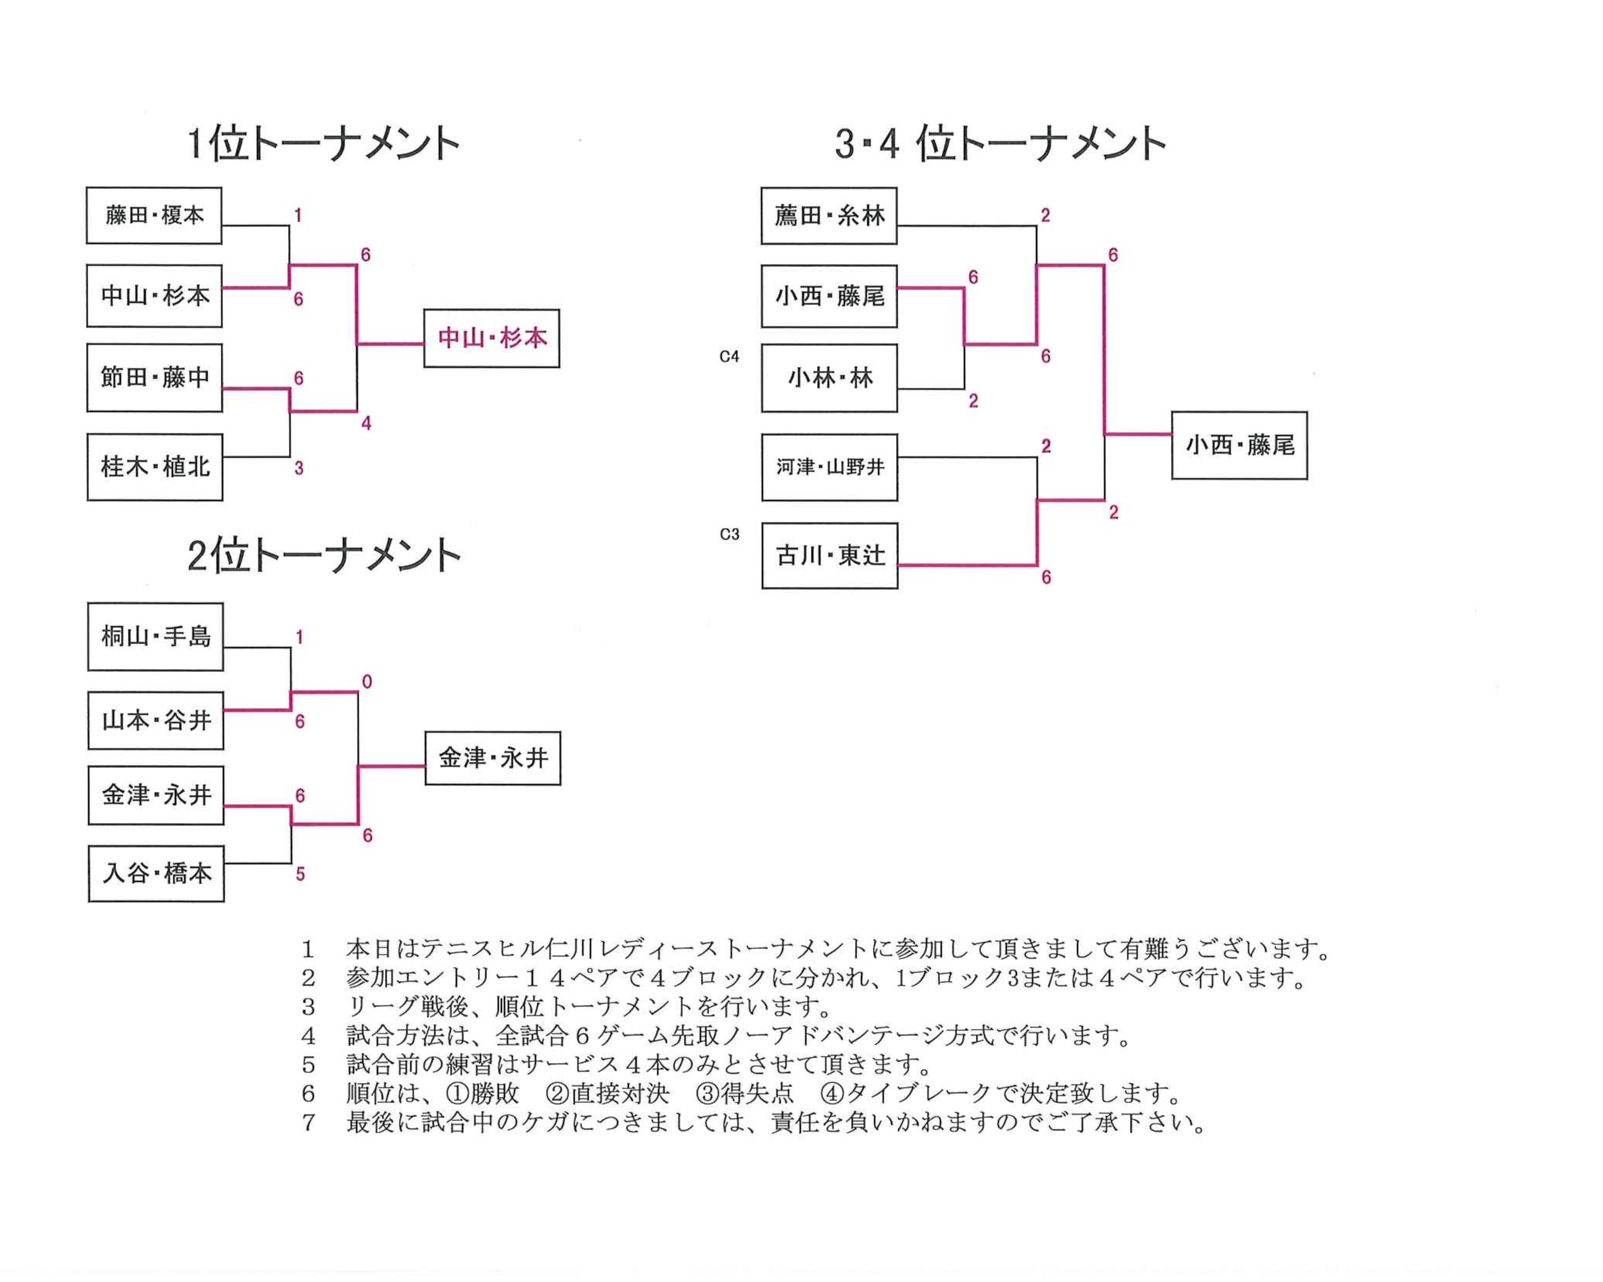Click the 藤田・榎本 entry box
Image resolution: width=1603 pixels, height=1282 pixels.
154,215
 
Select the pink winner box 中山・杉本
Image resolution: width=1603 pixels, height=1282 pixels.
492,338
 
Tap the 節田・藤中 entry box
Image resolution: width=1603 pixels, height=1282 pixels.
155,378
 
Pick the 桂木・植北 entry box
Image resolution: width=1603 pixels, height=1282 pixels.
155,467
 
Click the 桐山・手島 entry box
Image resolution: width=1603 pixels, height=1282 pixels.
156,636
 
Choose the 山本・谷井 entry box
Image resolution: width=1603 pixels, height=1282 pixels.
156,721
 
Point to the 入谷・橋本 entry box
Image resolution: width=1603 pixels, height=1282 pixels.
156,873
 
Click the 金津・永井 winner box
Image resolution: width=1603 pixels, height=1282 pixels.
493,758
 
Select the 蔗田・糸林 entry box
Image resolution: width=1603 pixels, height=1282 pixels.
829,215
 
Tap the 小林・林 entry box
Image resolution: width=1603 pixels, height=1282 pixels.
829,378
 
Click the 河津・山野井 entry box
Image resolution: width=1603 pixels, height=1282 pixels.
829,467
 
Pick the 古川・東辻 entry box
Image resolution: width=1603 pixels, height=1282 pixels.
829,555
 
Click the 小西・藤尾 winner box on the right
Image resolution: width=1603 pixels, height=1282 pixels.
1239,445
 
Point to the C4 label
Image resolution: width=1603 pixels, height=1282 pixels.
729,356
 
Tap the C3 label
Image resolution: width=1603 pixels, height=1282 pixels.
729,534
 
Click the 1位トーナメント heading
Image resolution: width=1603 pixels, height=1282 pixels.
324,144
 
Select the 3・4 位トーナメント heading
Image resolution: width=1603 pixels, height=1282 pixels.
1001,144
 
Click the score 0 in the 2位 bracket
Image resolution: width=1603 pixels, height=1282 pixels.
367,682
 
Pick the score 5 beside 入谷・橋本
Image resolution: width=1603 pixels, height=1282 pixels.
300,874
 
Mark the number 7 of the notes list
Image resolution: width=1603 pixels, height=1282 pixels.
308,1122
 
